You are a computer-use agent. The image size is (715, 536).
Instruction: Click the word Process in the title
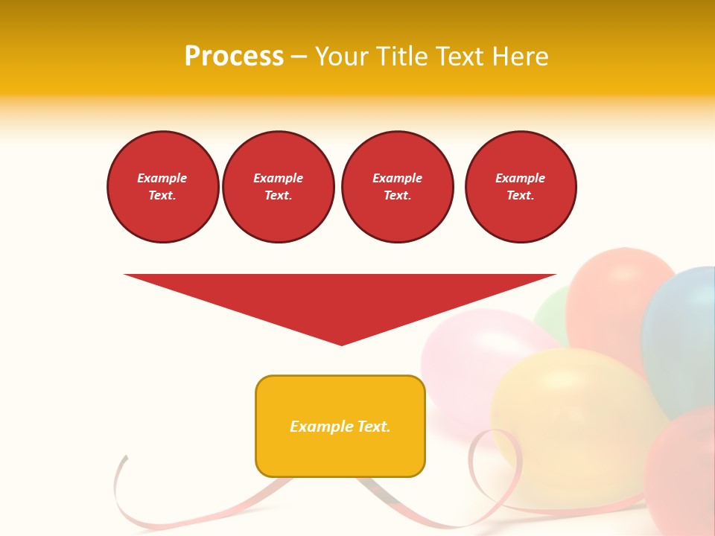[x=234, y=57]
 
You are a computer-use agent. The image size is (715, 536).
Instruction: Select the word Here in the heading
[x=520, y=57]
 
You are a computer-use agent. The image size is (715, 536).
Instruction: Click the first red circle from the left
[x=162, y=187]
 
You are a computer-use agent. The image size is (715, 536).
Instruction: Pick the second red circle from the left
[x=279, y=187]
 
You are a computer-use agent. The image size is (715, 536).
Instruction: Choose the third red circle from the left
[x=397, y=187]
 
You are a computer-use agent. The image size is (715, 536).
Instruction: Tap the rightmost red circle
[x=521, y=187]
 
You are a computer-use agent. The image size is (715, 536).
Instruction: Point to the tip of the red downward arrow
[x=342, y=343]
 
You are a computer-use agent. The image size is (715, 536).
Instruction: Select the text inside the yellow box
[x=340, y=427]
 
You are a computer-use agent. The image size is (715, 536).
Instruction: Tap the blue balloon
[x=681, y=335]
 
